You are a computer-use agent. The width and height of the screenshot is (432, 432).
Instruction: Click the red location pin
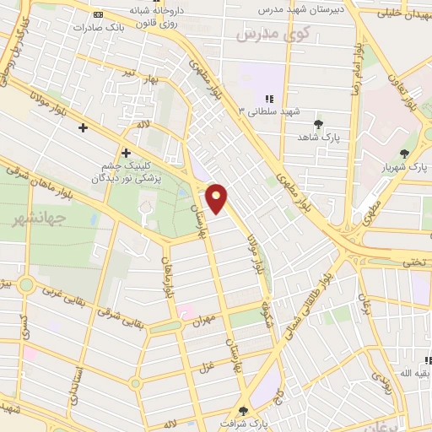(217, 198)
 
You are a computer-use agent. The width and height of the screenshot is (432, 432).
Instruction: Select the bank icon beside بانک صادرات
(100, 15)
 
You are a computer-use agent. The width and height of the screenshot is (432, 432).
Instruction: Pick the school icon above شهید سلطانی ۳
(270, 99)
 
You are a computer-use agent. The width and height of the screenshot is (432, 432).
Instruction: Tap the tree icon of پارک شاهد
(318, 124)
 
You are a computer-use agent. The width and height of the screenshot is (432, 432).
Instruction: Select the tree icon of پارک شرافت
(244, 411)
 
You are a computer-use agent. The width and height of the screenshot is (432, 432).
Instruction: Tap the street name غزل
(206, 366)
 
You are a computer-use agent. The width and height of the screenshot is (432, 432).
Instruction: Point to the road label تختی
(414, 262)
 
